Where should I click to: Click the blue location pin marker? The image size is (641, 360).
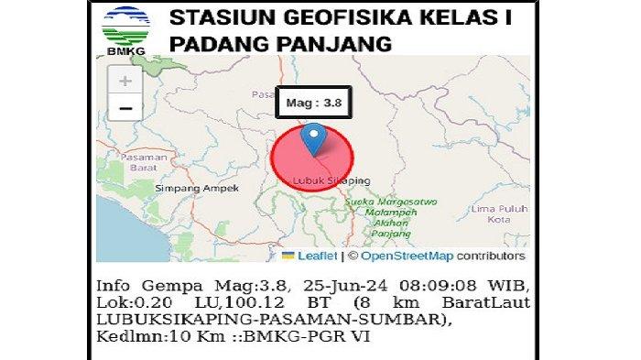(x=314, y=139)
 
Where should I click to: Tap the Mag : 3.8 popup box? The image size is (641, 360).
(x=315, y=104)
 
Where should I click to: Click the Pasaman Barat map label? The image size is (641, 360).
(x=139, y=162)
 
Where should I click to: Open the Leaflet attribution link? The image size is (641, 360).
(x=316, y=256)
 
